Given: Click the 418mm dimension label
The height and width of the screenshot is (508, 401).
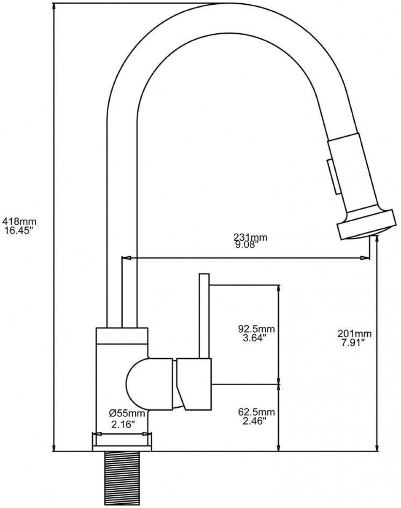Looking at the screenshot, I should point(19,221).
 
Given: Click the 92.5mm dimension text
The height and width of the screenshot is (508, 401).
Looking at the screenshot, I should point(257,329).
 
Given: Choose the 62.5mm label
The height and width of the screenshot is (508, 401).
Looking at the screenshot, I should point(257,412).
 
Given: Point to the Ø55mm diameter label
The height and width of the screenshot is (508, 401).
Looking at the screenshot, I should point(127,413).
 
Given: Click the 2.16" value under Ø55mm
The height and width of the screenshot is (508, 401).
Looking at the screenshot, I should point(123,424).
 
